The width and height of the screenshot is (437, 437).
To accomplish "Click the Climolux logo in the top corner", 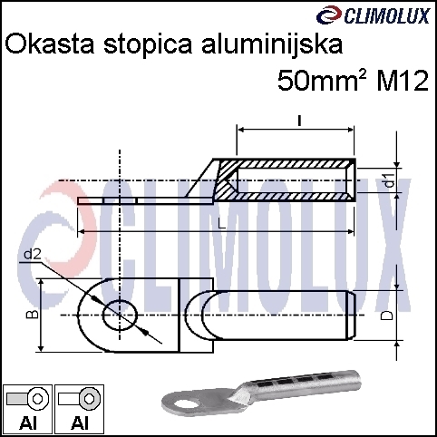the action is click(373, 15).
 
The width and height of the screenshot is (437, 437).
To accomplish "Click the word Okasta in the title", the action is click(50, 44).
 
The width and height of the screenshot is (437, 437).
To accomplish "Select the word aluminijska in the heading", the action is click(272, 44).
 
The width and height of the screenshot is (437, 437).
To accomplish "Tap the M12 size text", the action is click(403, 81).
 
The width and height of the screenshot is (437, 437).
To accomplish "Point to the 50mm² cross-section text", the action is click(322, 81).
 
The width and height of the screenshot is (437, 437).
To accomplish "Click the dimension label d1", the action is click(391, 180).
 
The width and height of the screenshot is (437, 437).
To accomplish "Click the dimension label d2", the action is click(33, 255).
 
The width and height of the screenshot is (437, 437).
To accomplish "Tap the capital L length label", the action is click(221, 224).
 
